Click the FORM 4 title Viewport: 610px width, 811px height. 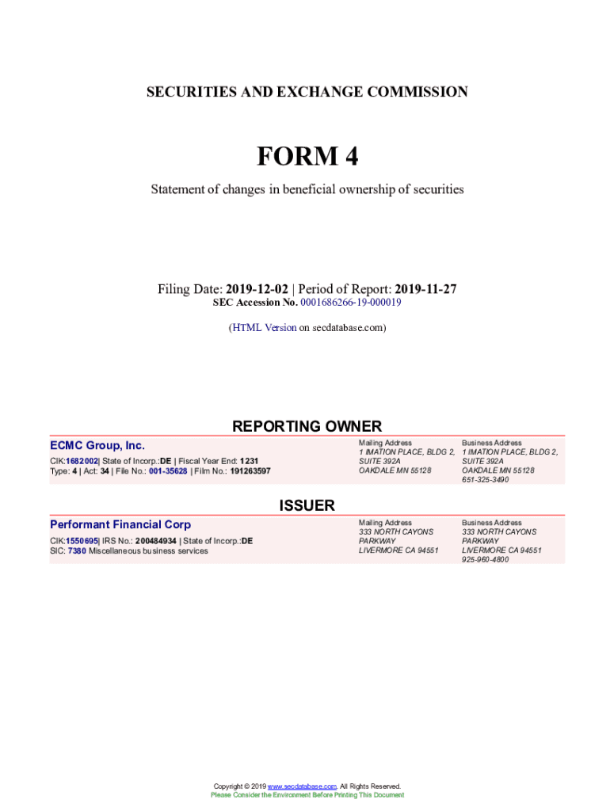click(307, 157)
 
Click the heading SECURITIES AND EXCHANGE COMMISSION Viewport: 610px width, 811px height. click(307, 92)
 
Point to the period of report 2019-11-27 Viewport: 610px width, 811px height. click(425, 289)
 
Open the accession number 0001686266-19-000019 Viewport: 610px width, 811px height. click(350, 303)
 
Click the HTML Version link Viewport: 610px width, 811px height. click(264, 327)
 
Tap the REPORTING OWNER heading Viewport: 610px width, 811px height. click(307, 426)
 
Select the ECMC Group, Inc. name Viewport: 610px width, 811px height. click(97, 446)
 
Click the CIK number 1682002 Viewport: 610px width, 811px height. click(82, 461)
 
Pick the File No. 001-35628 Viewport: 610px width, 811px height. click(168, 471)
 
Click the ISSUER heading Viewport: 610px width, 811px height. click(307, 505)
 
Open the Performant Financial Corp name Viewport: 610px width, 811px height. click(120, 524)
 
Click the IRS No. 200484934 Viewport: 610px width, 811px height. click(155, 541)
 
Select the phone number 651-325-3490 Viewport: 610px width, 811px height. click(486, 480)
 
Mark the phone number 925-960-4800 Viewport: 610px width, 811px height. click(486, 559)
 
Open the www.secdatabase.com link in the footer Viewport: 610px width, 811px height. click(303, 786)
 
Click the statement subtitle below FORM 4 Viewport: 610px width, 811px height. click(307, 189)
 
